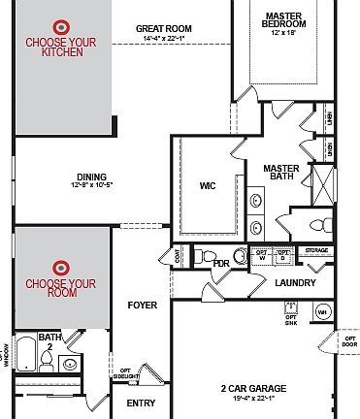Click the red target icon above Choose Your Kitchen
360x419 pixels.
pyautogui.click(x=61, y=27)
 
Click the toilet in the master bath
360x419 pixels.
pyautogui.click(x=315, y=225)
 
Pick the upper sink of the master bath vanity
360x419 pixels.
pyautogui.click(x=256, y=202)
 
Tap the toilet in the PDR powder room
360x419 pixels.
pyautogui.click(x=197, y=257)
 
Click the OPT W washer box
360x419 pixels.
pyautogui.click(x=260, y=256)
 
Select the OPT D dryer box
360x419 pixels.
pyautogui.click(x=282, y=256)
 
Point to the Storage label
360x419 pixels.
pyautogui.click(x=317, y=251)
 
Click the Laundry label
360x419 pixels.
pyautogui.click(x=296, y=283)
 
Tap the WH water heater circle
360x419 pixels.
pyautogui.click(x=322, y=312)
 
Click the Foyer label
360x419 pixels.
pyautogui.click(x=142, y=305)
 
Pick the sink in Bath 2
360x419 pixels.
pyautogui.click(x=69, y=366)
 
